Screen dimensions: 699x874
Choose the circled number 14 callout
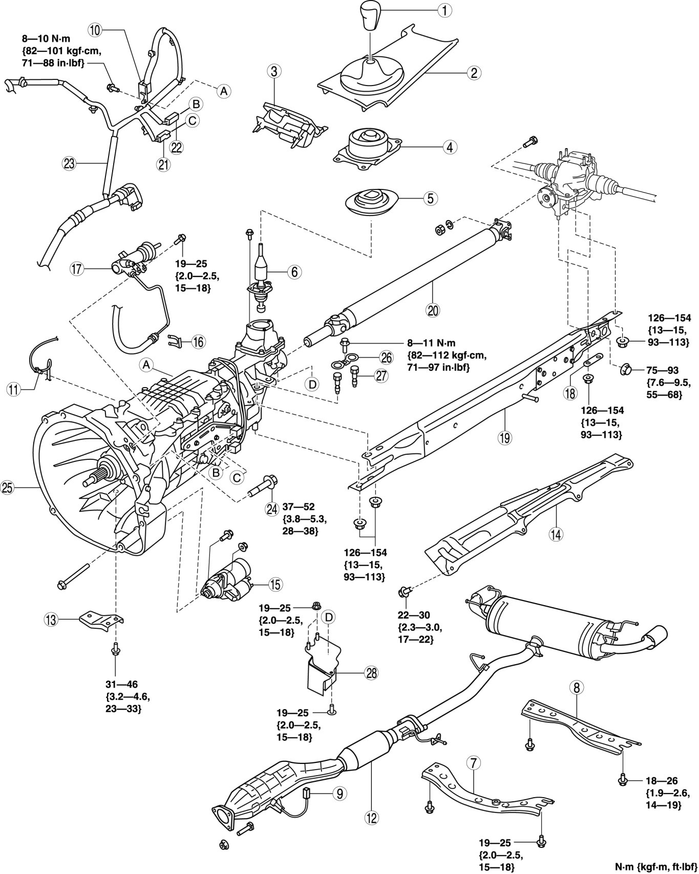click(x=556, y=535)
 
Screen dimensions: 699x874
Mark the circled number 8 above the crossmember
click(x=576, y=688)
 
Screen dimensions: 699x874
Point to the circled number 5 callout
click(x=429, y=198)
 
